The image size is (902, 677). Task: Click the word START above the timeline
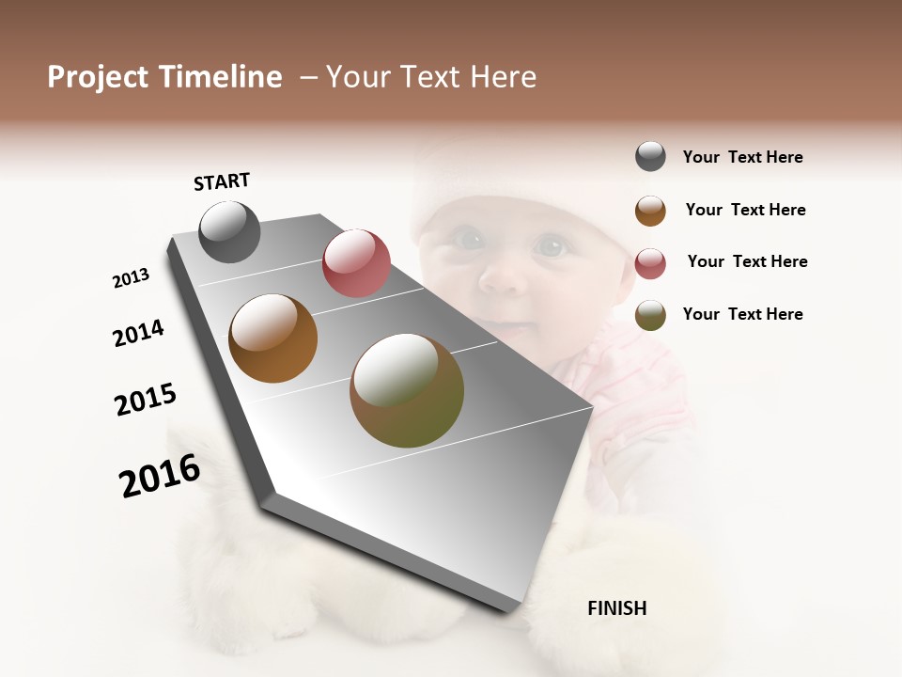click(222, 181)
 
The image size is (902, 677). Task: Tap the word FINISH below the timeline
click(616, 608)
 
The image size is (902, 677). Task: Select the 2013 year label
click(131, 278)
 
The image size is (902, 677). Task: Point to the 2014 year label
click(138, 333)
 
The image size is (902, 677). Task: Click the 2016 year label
click(160, 476)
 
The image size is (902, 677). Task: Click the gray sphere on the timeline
click(229, 231)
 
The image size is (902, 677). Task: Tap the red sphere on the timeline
click(356, 263)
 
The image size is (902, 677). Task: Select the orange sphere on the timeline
click(273, 338)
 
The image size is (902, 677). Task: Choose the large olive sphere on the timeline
click(407, 390)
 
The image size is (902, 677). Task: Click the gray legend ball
click(650, 157)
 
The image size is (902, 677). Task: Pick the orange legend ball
click(650, 210)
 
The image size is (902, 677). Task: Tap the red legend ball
click(650, 262)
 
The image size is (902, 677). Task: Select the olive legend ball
click(650, 315)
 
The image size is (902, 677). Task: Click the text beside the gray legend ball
click(742, 157)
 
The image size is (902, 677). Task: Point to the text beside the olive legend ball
click(742, 314)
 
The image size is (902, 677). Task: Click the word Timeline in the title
click(220, 77)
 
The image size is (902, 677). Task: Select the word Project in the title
click(99, 77)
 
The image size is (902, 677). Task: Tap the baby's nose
click(504, 276)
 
